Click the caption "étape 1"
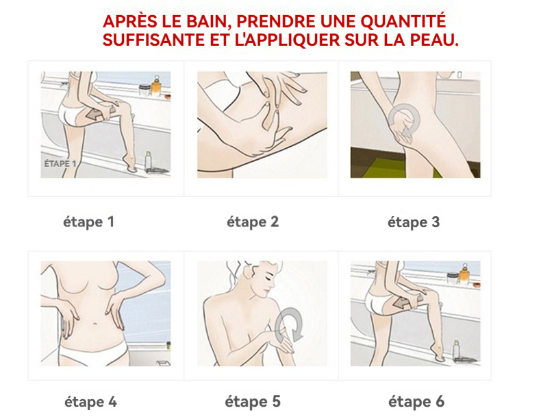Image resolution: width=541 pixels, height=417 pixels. click(88, 222)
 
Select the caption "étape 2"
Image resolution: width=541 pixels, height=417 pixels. click(253, 222)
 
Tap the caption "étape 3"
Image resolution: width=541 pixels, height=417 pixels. click(414, 222)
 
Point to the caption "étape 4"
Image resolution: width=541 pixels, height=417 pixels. click(91, 402)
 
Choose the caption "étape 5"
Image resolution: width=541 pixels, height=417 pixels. click(253, 402)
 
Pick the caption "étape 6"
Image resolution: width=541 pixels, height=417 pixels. click(416, 402)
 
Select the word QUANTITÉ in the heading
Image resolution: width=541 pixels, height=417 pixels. click(403, 21)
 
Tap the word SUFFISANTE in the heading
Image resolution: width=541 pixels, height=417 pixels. click(153, 40)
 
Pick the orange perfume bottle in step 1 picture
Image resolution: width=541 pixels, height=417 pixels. click(156, 86)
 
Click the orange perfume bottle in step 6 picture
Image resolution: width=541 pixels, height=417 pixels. click(464, 274)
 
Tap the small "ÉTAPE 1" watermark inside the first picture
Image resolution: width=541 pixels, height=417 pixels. click(60, 164)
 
